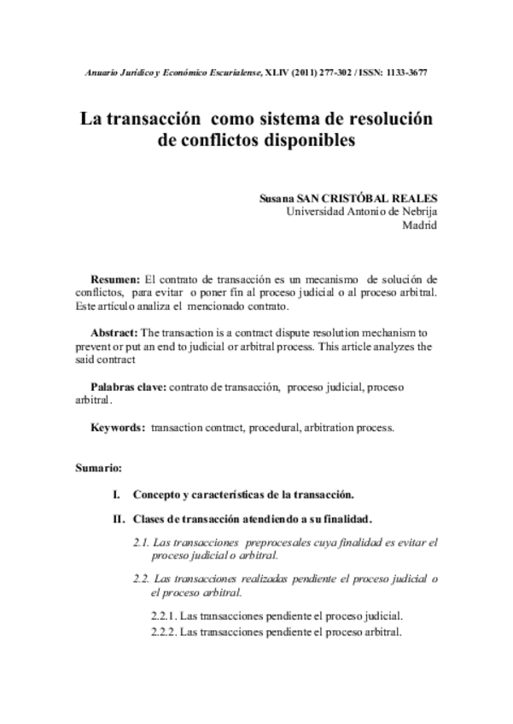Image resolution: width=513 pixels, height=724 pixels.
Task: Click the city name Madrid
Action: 419,225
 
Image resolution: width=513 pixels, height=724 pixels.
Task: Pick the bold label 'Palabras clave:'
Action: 129,387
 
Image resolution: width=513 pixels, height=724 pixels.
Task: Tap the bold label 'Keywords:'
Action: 118,427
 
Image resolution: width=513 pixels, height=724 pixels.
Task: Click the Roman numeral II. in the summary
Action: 119,518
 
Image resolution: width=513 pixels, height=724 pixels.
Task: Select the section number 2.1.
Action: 142,542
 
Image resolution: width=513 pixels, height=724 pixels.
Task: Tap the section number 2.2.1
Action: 164,616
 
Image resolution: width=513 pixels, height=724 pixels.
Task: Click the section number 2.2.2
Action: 164,633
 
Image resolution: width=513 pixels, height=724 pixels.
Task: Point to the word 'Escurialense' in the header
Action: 223,73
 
